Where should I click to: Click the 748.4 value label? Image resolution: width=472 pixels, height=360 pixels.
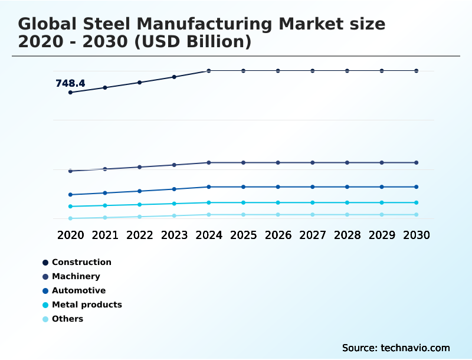[70, 84]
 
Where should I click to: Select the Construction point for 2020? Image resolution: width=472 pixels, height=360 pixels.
[70, 93]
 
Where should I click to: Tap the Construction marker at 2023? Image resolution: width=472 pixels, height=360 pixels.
[174, 77]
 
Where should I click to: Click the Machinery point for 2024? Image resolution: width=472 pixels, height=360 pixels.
[209, 162]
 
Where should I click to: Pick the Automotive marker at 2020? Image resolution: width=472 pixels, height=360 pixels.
[70, 195]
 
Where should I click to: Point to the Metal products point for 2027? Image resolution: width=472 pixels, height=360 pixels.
[313, 202]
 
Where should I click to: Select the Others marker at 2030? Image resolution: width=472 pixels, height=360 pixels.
[417, 215]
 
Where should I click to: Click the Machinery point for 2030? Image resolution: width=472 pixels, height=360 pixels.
[417, 162]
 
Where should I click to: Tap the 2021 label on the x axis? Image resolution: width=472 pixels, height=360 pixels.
[105, 235]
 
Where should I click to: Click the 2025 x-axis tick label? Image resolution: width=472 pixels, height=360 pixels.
[243, 235]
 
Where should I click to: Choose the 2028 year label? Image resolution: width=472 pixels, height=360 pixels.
[347, 235]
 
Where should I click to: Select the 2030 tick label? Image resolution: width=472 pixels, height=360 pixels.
[417, 235]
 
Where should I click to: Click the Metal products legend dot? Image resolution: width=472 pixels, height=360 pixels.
[45, 305]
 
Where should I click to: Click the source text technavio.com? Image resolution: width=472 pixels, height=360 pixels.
[415, 348]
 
